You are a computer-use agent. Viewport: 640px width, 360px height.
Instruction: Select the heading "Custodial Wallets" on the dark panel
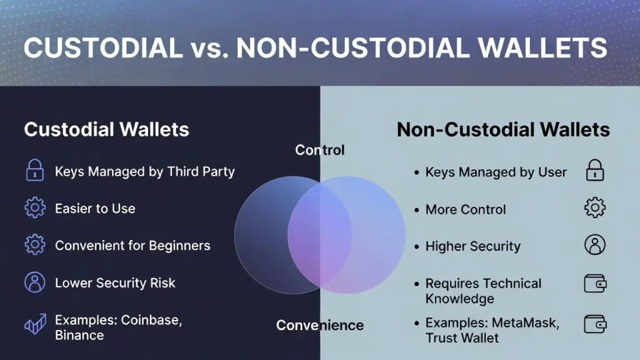coord(106,129)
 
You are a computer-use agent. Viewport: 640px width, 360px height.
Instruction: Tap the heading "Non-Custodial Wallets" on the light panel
coord(503,129)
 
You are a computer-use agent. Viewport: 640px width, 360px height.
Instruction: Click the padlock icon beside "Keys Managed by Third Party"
coord(34,171)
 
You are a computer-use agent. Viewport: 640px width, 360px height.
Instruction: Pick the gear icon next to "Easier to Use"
coord(34,208)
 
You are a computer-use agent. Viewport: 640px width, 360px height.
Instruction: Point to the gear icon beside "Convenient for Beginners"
coord(34,245)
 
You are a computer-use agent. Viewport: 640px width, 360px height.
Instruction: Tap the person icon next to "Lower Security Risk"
coord(34,282)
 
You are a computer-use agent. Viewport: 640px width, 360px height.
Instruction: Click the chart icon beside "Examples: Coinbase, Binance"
coord(34,326)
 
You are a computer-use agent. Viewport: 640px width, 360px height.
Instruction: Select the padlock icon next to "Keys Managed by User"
coord(594,171)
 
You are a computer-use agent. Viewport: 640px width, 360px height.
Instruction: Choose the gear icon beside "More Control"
coord(594,208)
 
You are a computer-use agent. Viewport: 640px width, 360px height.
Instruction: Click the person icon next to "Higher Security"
coord(594,245)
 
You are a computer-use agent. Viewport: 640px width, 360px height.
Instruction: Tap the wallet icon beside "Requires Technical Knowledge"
coord(594,284)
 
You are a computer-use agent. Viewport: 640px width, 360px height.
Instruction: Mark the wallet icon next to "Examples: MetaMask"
coord(594,324)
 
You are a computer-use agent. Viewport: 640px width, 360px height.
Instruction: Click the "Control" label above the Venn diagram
coord(319,150)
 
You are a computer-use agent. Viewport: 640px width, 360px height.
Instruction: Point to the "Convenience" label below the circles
coord(319,325)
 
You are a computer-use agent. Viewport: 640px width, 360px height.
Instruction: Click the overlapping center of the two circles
coord(319,234)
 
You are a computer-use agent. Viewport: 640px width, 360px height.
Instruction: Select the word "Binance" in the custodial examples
coord(79,335)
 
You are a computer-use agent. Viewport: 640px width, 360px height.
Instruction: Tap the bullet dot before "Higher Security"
coord(417,247)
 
